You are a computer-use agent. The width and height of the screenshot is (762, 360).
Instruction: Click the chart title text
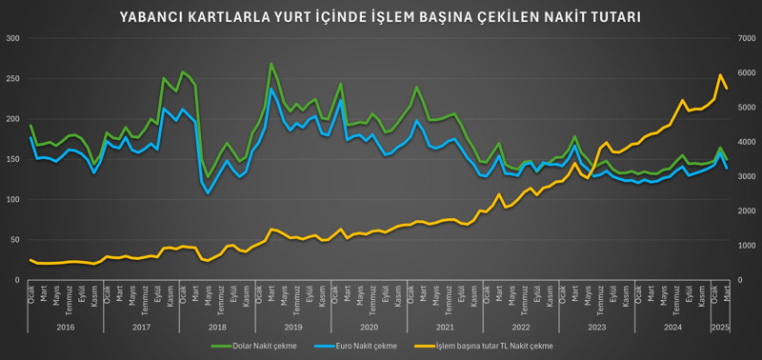(380, 17)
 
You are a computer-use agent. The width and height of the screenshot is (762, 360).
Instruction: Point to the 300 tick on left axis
(12, 38)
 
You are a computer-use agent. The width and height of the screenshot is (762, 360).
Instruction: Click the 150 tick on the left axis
(12, 159)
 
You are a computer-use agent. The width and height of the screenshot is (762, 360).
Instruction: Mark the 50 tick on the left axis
(15, 240)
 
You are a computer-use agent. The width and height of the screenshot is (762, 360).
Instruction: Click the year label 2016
(65, 327)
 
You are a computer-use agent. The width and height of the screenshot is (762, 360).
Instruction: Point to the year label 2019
(293, 327)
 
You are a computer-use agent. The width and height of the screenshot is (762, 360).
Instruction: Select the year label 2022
(520, 327)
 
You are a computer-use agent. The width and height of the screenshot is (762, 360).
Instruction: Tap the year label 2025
(721, 327)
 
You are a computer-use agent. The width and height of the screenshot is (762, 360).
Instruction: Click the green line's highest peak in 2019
(271, 64)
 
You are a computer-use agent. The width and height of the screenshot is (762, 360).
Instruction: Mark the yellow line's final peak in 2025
(721, 75)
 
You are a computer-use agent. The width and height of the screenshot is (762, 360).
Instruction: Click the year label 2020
(369, 327)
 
